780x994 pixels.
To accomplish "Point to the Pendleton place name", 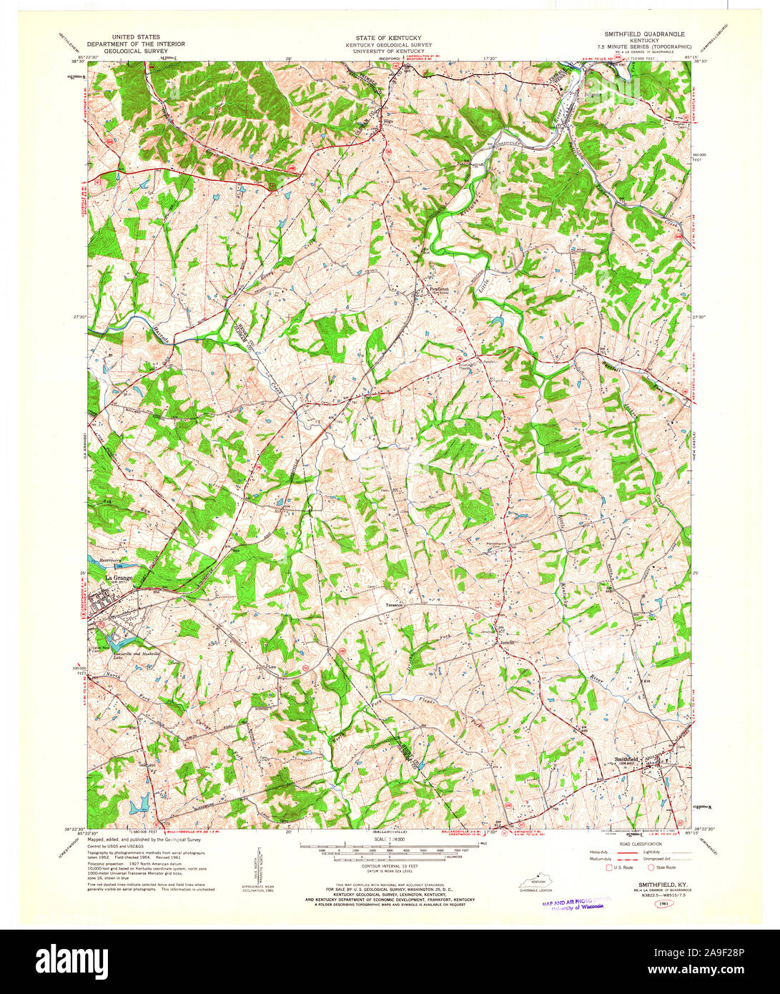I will pyautogui.click(x=439, y=289).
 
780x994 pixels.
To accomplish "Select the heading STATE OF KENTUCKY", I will pyautogui.click(x=389, y=37).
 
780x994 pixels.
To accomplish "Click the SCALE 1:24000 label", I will pyautogui.click(x=389, y=840).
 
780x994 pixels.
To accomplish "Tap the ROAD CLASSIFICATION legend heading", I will pyautogui.click(x=635, y=844).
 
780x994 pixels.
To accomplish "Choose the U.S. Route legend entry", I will pyautogui.click(x=621, y=867).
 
